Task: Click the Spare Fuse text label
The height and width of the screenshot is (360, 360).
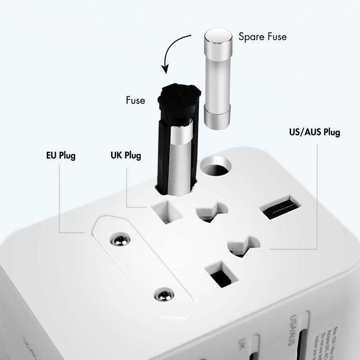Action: coord(262,37)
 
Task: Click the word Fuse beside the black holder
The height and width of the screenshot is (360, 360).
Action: coord(135,100)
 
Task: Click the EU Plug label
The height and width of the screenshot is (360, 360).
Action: coord(61,156)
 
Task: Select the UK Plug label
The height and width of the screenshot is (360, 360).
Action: coord(126,156)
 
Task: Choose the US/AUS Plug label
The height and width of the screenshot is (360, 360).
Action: coord(314,132)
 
